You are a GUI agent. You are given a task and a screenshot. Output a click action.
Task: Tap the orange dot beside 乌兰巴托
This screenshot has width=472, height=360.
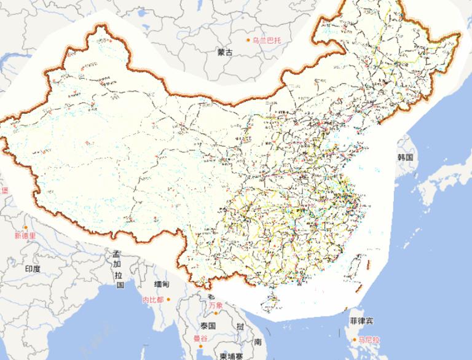coord(250,40)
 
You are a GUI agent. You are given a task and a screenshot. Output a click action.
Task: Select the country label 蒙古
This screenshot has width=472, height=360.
coord(225,53)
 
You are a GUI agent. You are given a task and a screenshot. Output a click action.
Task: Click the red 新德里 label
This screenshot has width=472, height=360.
coord(25,235)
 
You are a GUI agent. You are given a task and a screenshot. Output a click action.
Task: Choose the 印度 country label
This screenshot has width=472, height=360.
coord(33,268)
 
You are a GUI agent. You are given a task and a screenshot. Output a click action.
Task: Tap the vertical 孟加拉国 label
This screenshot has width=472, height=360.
coord(119,270)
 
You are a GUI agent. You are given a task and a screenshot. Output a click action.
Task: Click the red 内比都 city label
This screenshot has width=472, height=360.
coord(152,300)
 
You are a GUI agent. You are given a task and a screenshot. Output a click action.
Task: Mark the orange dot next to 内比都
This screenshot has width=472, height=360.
coord(168,300)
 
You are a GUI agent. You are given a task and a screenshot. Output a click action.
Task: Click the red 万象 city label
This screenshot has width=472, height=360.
coord(215,305)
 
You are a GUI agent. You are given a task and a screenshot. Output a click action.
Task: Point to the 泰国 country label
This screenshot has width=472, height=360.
coord(207,326)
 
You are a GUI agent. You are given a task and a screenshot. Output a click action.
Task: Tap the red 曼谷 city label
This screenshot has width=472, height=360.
coord(200,338)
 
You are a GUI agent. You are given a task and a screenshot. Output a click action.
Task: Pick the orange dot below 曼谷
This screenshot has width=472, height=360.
coord(201,346)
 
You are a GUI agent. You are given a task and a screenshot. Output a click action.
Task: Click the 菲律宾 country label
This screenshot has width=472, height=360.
coord(361,321)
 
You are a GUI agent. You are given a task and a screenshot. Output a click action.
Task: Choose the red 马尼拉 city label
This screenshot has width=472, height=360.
coord(369,339)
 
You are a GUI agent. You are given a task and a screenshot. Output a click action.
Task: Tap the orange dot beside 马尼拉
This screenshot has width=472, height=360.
coord(355,339)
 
